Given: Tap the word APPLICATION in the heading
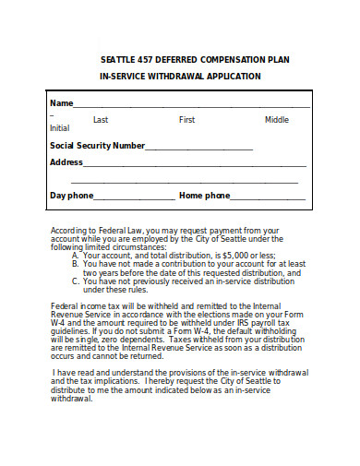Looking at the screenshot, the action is point(234,76).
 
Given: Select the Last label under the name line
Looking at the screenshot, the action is point(101,120).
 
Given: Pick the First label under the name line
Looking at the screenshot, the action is point(186,120).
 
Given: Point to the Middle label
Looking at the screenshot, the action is point(277,120).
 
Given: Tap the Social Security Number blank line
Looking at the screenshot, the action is point(198,146).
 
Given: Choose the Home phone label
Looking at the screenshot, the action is point(204,196).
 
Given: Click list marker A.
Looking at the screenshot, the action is point(75,255).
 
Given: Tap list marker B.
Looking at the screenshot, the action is point(75,264).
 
